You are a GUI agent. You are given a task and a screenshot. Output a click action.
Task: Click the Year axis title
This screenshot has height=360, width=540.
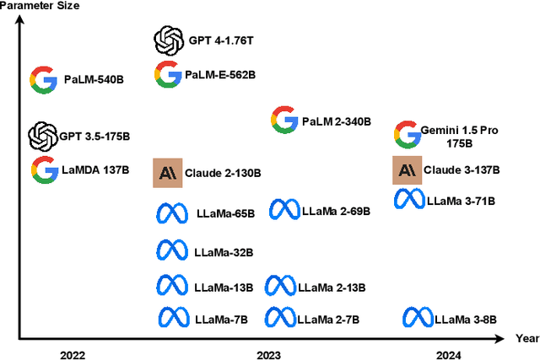point(526,337)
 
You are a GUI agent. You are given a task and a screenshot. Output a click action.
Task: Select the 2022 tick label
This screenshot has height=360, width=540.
point(73,356)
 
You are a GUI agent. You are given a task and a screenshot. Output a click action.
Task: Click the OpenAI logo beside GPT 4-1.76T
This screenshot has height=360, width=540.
point(168,40)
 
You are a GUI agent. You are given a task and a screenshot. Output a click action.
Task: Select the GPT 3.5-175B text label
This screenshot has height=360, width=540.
point(94,136)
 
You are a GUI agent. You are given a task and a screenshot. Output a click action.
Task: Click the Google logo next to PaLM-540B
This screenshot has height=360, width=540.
point(44,80)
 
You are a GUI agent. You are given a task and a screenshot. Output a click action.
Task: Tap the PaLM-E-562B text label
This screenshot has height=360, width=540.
point(221,75)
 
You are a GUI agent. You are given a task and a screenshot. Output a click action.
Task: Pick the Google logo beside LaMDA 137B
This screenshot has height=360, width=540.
point(44,169)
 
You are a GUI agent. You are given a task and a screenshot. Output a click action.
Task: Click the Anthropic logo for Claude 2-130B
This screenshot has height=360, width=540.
point(167,172)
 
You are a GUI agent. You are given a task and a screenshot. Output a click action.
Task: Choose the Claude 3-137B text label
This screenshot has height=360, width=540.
point(462,169)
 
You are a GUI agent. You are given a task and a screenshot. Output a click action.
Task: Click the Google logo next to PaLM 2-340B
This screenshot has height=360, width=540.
point(283,121)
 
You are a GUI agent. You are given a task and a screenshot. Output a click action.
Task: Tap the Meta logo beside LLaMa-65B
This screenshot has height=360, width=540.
point(172,214)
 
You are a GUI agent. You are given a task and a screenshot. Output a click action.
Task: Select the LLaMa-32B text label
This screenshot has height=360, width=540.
point(224,251)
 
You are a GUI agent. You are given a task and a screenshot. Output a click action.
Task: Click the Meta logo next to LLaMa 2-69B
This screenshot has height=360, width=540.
point(283,209)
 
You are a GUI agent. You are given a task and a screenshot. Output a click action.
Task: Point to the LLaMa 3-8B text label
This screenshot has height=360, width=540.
point(465,319)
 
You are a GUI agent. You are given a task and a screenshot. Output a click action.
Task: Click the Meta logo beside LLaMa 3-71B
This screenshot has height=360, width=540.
point(409,200)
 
